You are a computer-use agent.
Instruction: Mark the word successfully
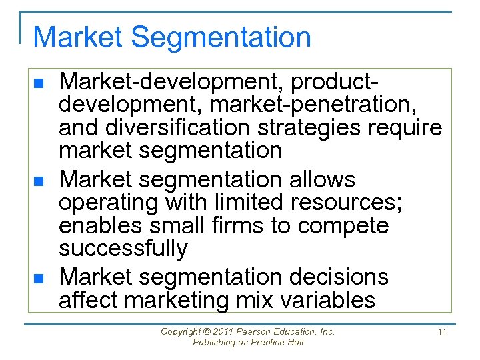(x=123, y=249)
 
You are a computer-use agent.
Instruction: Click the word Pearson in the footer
(x=251, y=331)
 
